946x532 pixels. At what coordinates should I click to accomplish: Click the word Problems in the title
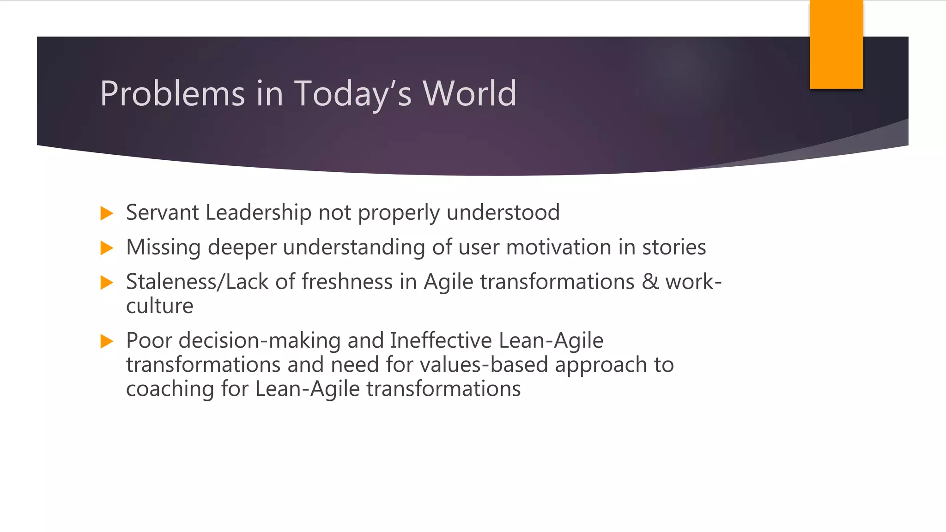tap(172, 94)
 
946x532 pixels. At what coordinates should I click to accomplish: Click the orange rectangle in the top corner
tap(836, 44)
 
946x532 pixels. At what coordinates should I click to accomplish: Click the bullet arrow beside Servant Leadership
tap(107, 213)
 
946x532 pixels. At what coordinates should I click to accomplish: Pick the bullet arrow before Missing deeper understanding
tap(107, 248)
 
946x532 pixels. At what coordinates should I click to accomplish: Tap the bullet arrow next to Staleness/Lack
tap(107, 283)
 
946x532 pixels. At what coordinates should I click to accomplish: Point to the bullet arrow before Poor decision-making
tap(107, 341)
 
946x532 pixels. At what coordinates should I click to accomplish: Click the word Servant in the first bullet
tap(162, 213)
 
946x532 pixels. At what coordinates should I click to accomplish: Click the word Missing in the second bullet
tap(163, 248)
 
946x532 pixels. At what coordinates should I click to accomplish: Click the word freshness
tap(347, 282)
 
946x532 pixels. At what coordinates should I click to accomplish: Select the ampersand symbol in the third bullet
tap(650, 282)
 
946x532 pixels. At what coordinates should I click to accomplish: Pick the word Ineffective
tap(441, 341)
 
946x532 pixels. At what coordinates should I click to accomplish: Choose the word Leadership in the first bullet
tap(258, 213)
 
